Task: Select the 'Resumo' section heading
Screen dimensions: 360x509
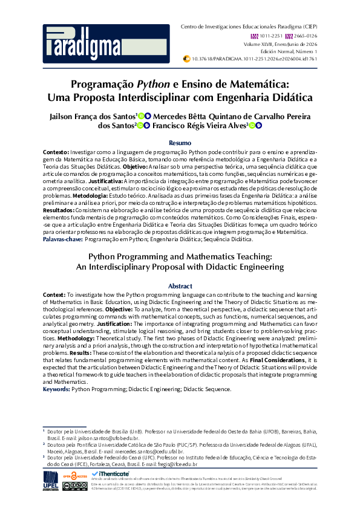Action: (180, 142)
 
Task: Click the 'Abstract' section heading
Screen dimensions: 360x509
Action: (180, 286)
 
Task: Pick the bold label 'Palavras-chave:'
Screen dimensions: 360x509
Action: (63, 239)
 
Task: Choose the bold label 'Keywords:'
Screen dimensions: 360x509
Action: (57, 389)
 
